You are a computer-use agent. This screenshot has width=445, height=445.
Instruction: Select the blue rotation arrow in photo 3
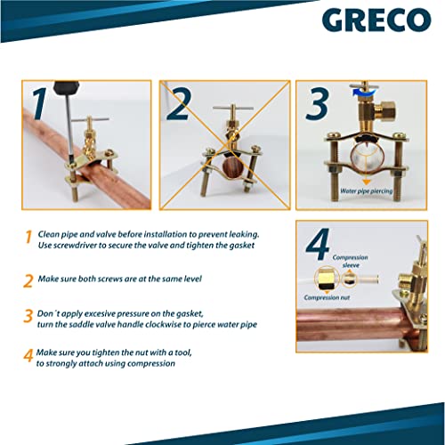(359, 90)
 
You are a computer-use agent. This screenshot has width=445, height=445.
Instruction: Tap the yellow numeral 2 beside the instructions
(28, 279)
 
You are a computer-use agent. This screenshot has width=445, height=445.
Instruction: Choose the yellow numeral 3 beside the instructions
(28, 317)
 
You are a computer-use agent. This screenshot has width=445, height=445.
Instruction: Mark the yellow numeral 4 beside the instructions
(28, 358)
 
